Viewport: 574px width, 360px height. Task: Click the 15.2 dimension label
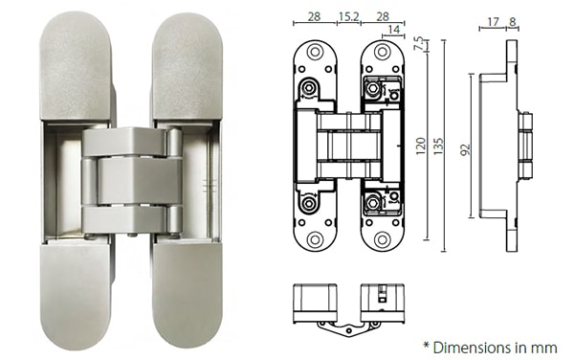[x=349, y=16]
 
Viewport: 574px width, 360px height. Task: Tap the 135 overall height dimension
[x=440, y=146]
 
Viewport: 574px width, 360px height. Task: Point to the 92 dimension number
[x=466, y=148]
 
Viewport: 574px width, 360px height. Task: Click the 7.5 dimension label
[x=418, y=43]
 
